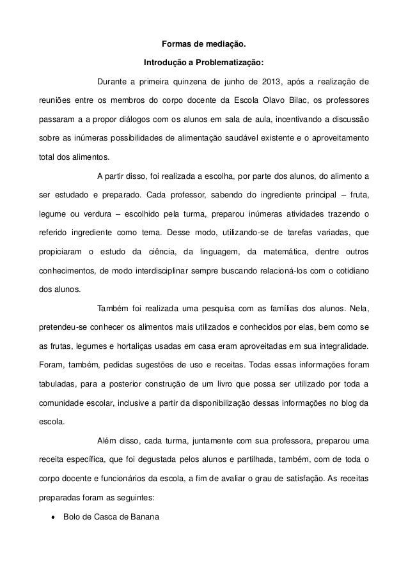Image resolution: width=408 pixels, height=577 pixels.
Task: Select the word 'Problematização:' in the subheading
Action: coord(231,64)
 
